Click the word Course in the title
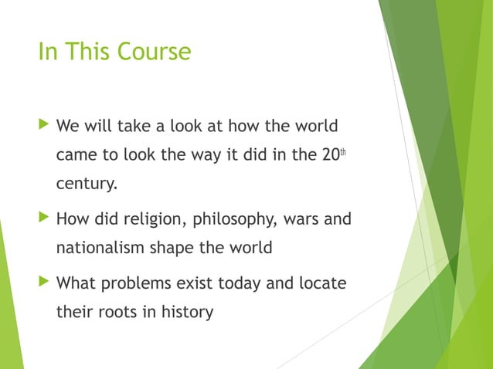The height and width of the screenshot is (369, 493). coord(154,52)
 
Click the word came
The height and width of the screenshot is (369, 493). coord(76,154)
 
